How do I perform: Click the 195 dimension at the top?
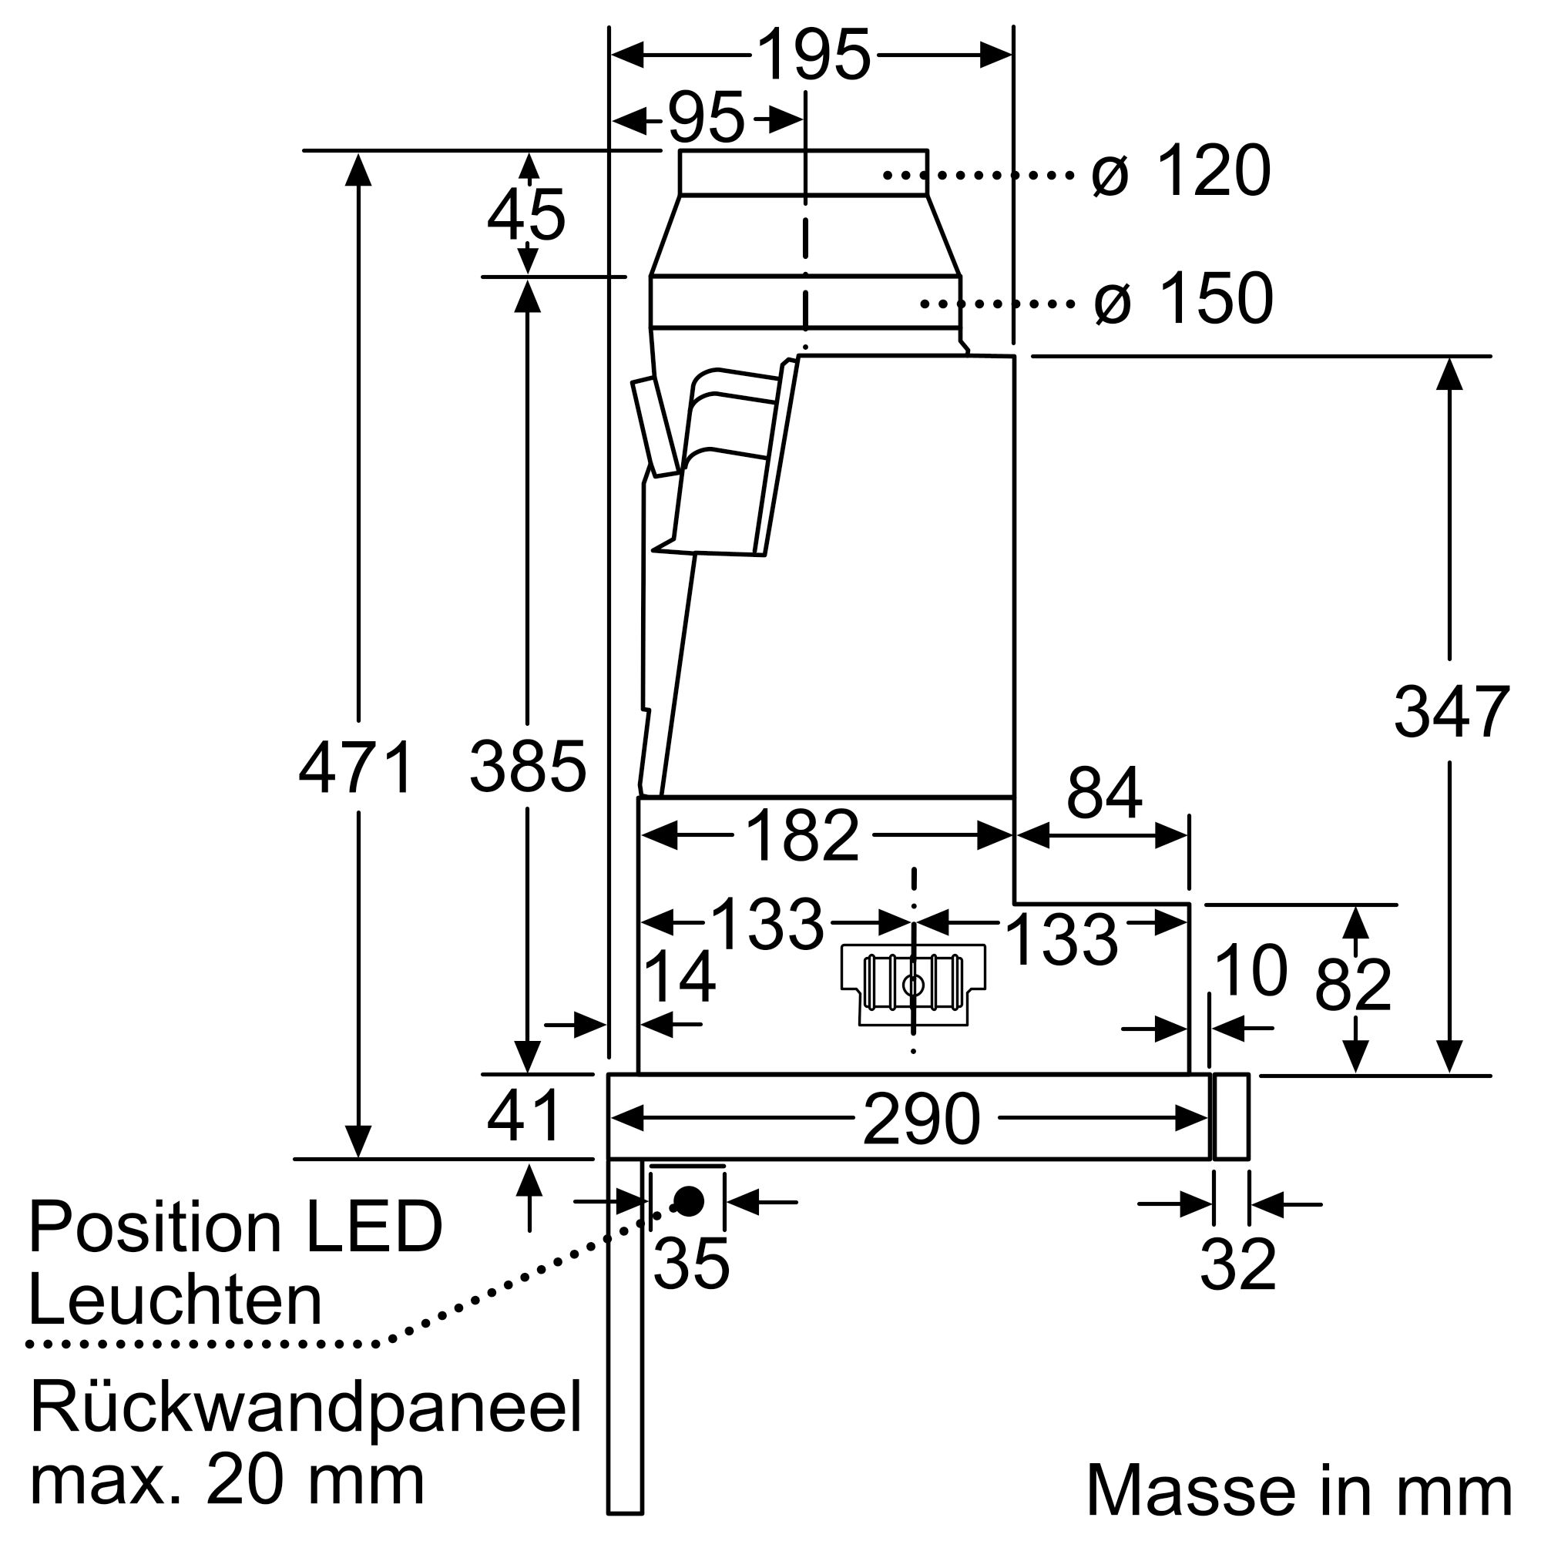click(x=813, y=55)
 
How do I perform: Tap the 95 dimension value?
click(x=706, y=119)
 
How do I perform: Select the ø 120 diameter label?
click(x=1180, y=172)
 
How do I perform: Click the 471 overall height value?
click(x=357, y=768)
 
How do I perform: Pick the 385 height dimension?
click(x=527, y=767)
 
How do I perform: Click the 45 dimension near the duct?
click(x=526, y=216)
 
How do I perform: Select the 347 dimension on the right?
click(x=1451, y=712)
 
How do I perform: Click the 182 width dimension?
click(x=802, y=836)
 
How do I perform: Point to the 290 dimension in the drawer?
click(x=922, y=1119)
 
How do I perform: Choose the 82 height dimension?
click(x=1353, y=986)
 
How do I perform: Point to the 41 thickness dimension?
click(x=524, y=1116)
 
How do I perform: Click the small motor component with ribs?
click(x=913, y=984)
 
